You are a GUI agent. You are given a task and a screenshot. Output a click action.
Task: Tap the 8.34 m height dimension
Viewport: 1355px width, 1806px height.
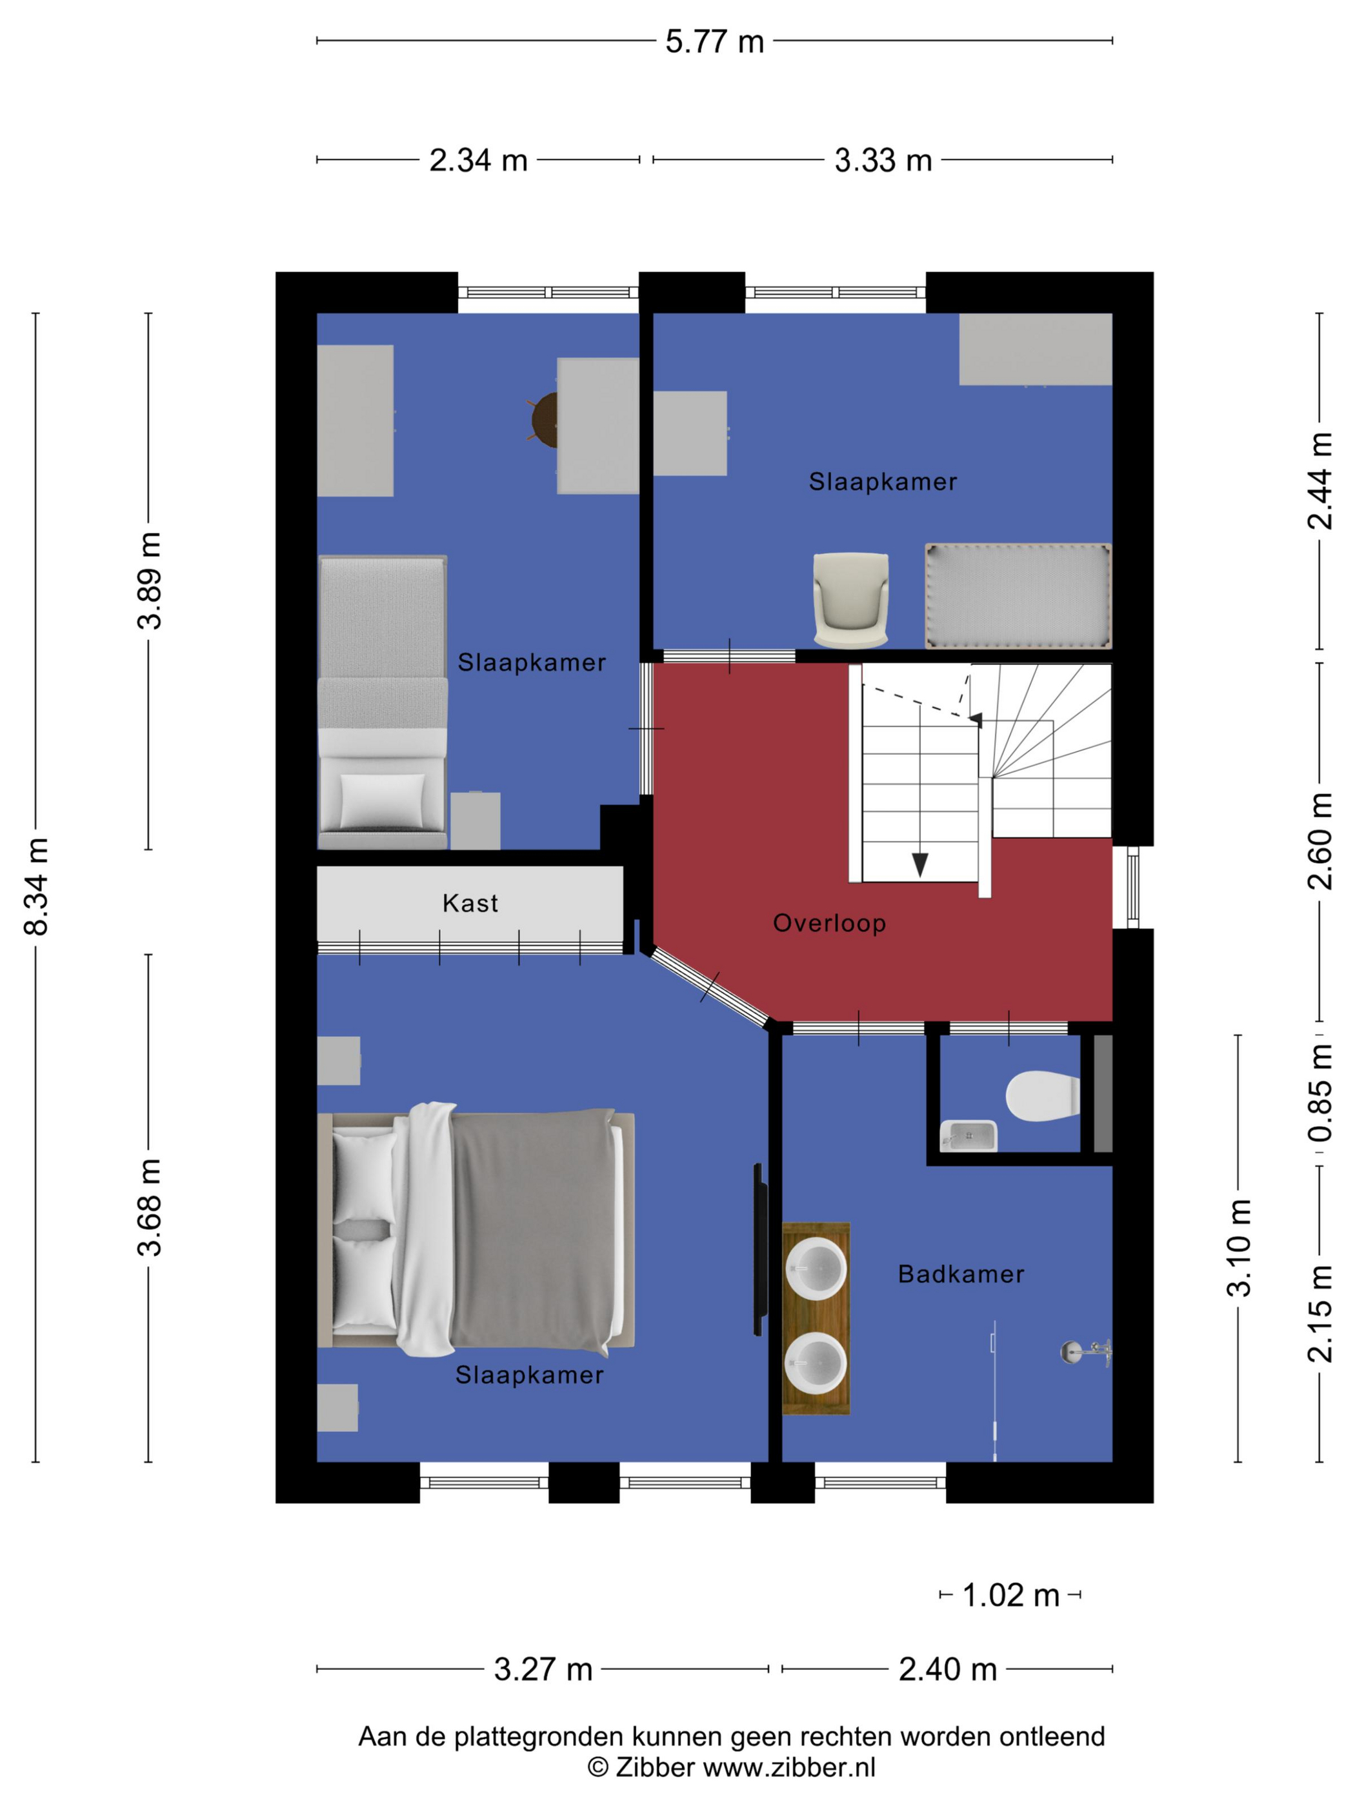click(37, 886)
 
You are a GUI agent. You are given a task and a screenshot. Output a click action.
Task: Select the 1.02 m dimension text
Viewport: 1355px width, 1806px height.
click(1010, 1594)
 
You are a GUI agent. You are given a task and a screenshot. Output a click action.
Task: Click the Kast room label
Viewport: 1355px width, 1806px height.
click(470, 903)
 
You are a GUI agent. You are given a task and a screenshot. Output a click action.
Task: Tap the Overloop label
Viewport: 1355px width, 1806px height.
click(829, 924)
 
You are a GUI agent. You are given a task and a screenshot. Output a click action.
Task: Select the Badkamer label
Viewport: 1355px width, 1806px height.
click(961, 1275)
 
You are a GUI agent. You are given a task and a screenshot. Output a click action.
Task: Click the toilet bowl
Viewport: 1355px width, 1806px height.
click(1042, 1096)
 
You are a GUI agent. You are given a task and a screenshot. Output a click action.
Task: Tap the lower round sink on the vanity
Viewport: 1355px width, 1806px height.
click(815, 1364)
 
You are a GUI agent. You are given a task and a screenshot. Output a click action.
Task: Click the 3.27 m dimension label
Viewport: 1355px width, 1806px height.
click(543, 1670)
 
